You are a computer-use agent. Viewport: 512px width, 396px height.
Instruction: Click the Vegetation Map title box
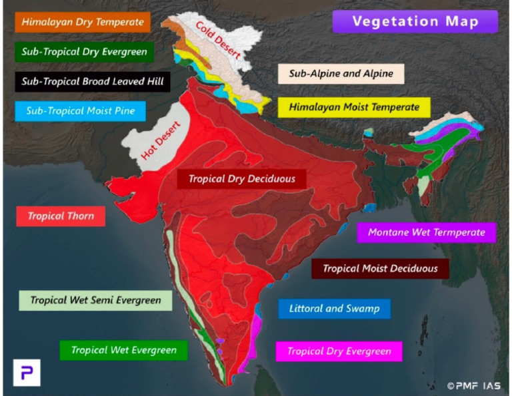pos(415,21)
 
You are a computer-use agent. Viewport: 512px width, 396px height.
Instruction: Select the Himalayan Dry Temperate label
pos(83,22)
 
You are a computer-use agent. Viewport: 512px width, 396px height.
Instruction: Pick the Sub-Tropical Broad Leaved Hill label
pos(92,81)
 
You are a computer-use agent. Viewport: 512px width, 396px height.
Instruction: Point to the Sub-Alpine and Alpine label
pos(341,74)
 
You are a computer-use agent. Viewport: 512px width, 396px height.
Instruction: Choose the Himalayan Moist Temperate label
pos(354,106)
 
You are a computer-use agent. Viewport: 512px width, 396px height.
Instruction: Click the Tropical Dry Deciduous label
pos(241,179)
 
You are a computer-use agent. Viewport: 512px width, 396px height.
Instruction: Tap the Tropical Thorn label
pos(61,216)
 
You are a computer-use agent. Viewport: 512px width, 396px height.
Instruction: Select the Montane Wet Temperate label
pos(426,233)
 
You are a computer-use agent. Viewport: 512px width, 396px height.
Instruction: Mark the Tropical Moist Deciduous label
pos(380,269)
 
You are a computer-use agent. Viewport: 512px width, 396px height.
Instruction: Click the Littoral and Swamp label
pos(334,308)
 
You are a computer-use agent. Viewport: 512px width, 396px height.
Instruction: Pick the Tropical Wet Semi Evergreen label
pos(95,300)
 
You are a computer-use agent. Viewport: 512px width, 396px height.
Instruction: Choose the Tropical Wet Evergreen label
pos(124,350)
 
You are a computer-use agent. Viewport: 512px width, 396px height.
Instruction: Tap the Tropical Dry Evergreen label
pos(339,351)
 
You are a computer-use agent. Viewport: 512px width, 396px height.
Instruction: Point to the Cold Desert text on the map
pos(217,39)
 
